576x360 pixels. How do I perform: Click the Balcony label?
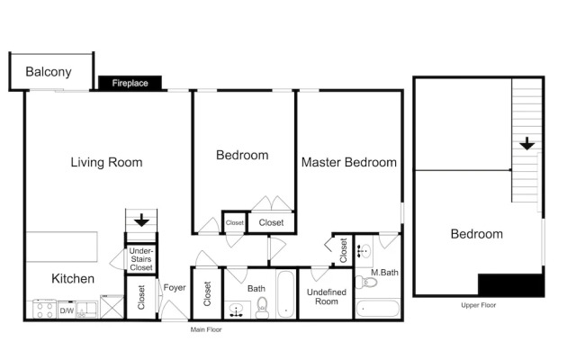pyautogui.click(x=49, y=72)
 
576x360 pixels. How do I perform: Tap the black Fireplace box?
pyautogui.click(x=130, y=83)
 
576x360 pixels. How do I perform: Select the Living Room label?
pyautogui.click(x=106, y=162)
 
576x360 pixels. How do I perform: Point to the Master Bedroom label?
pyautogui.click(x=349, y=162)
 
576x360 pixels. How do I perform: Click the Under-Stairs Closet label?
pyautogui.click(x=141, y=259)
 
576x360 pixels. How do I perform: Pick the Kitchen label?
pyautogui.click(x=73, y=278)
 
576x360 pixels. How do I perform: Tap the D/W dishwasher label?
pyautogui.click(x=67, y=310)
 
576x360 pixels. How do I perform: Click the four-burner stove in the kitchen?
pyautogui.click(x=44, y=310)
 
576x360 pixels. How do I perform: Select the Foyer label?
pyautogui.click(x=175, y=288)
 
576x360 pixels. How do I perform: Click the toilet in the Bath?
pyautogui.click(x=262, y=308)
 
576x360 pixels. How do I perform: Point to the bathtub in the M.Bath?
pyautogui.click(x=377, y=309)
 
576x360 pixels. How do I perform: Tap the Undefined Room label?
pyautogui.click(x=327, y=297)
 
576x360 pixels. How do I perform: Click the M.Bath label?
pyautogui.click(x=384, y=273)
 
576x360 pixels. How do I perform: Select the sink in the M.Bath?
pyautogui.click(x=364, y=251)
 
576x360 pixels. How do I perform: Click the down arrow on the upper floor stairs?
pyautogui.click(x=527, y=143)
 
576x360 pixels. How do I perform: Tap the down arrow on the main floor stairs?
pyautogui.click(x=141, y=220)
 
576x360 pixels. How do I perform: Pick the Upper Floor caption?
pyautogui.click(x=478, y=305)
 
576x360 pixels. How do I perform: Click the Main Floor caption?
pyautogui.click(x=206, y=329)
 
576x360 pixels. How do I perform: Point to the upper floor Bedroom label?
pyautogui.click(x=477, y=234)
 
